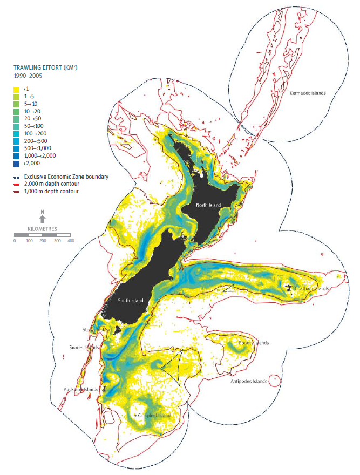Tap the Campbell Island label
click(155, 415)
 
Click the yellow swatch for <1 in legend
click(17, 89)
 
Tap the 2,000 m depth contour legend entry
click(52, 184)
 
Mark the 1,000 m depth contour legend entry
click(52, 191)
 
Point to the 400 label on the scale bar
click(70, 241)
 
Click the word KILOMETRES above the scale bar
click(43, 228)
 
